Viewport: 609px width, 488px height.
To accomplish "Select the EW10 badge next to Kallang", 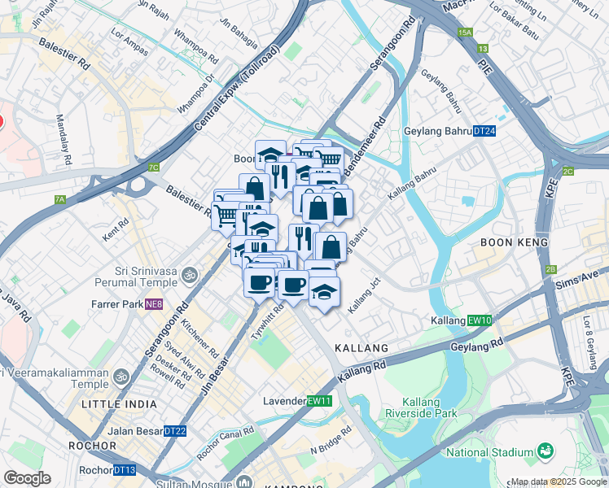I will (480, 321).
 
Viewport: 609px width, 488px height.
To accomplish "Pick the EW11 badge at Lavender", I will (319, 401).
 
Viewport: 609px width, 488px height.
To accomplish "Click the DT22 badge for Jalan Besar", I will (175, 431).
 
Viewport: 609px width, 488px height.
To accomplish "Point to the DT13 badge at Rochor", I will (125, 470).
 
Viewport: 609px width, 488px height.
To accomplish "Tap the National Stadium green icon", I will (545, 451).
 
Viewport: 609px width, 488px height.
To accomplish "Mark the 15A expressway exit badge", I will (465, 33).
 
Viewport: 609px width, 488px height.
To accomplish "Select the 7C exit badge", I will (154, 168).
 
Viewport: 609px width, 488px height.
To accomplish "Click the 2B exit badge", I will (551, 269).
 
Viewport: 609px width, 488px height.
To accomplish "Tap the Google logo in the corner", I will (28, 478).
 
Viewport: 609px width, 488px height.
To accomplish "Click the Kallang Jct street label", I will (364, 296).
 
